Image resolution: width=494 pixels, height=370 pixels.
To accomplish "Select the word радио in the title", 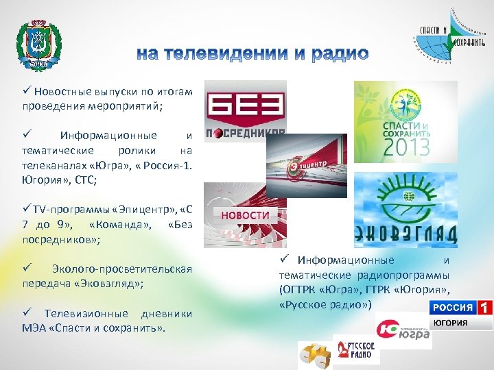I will tap(338, 53).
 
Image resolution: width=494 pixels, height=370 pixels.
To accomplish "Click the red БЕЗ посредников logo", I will tap(246, 110).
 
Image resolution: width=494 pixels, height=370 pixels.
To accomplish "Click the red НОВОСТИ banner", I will tap(245, 214).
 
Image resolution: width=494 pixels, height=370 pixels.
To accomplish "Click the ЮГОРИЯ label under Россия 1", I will tap(451, 323).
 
